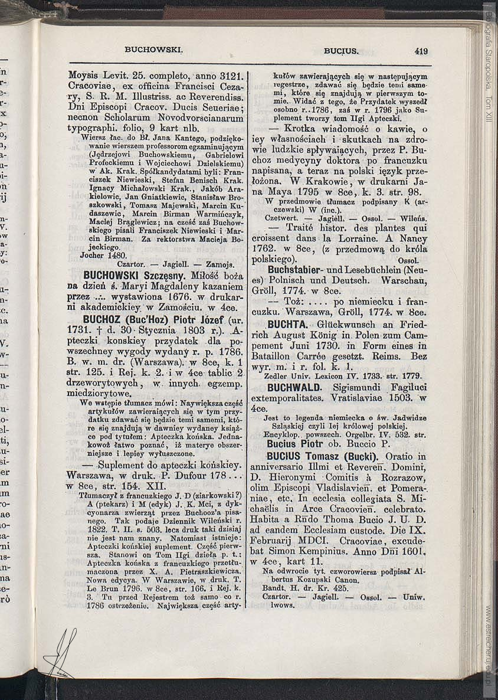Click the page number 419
421,51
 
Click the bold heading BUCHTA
288,324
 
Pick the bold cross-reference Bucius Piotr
294,444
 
